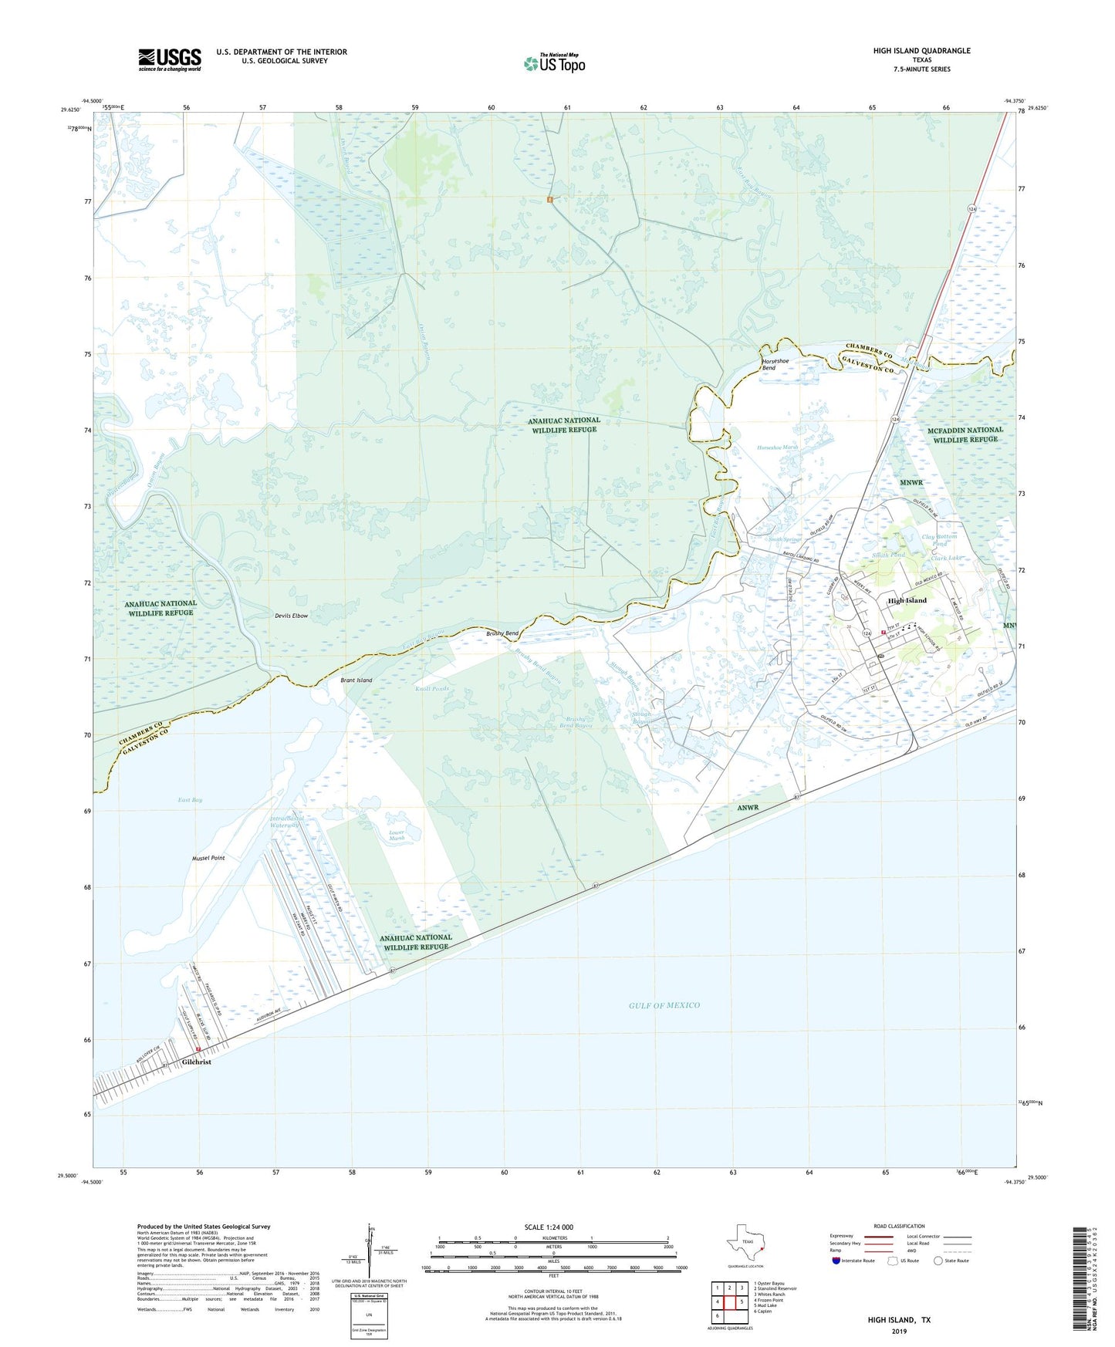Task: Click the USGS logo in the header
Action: click(x=170, y=59)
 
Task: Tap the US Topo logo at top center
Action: click(x=554, y=63)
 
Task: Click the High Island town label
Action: click(x=907, y=600)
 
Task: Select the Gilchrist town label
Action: click(x=197, y=1062)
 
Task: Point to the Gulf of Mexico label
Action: click(x=664, y=1005)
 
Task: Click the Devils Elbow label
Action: click(x=291, y=616)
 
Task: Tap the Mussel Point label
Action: click(x=208, y=858)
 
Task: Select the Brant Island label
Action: click(x=356, y=680)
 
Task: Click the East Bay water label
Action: click(x=190, y=800)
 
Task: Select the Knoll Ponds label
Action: click(x=432, y=689)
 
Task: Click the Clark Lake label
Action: click(x=946, y=558)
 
